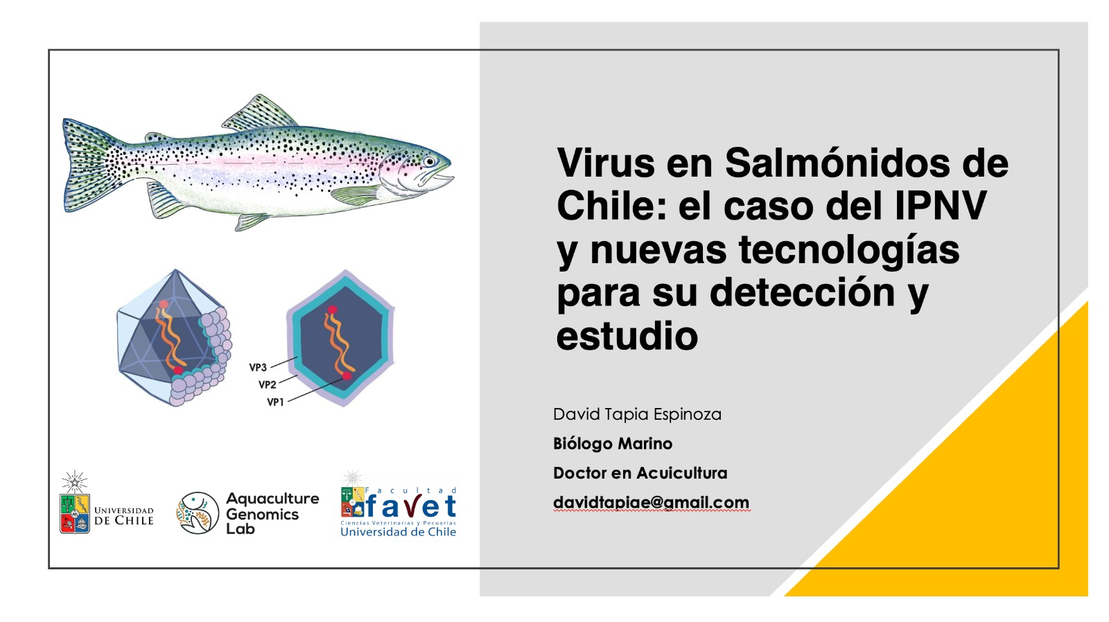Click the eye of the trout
pos(429,161)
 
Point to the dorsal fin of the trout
pos(259,113)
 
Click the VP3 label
pos(258,367)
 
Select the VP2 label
pos(268,384)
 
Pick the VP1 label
pos(276,402)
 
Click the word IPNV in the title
pos(941,205)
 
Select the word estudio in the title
pos(627,336)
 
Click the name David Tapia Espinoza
pos(637,414)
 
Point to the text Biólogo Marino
pos(613,444)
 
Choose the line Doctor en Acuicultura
pos(640,473)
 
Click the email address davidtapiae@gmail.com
pos(651,503)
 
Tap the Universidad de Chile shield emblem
pos(75,513)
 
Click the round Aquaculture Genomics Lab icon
pos(198,513)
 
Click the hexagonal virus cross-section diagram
pos(340,339)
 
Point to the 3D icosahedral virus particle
pos(174,339)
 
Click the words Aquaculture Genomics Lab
pos(272,514)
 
